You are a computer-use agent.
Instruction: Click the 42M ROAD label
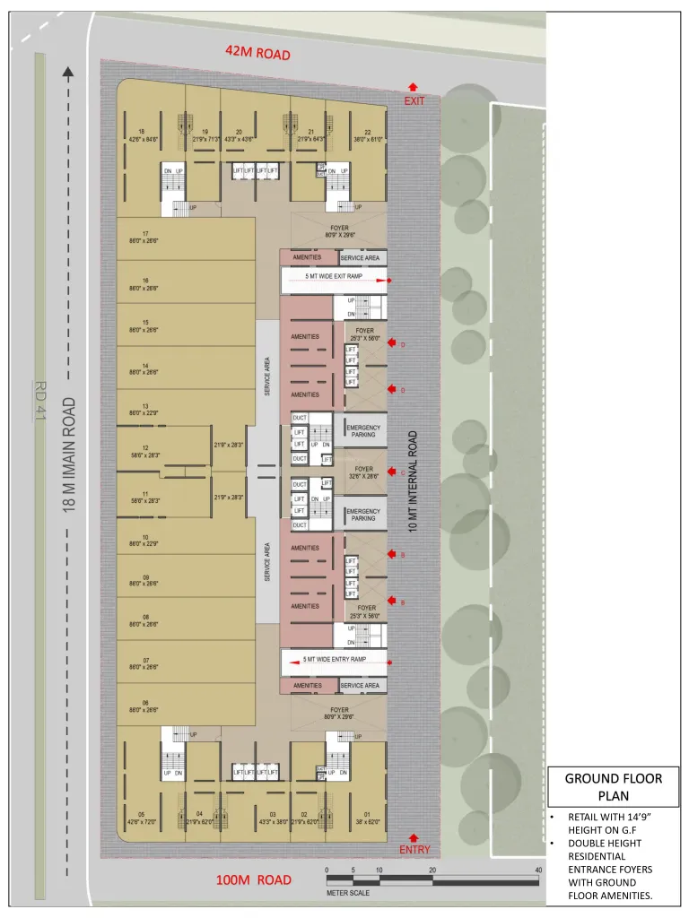coord(257,54)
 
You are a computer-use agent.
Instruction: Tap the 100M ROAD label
coord(254,879)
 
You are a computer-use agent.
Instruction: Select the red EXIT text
coord(414,101)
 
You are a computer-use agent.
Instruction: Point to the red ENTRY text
coord(414,849)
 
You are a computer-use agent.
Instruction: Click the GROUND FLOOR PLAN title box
coord(614,787)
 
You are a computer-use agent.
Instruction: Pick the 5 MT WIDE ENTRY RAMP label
coord(334,659)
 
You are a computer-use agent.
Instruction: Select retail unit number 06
coord(145,703)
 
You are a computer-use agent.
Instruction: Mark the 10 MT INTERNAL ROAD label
coord(414,481)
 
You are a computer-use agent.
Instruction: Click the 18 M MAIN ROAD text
coord(69,454)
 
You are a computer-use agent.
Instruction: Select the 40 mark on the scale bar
coord(538,870)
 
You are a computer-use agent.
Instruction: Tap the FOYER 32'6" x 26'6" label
coord(363,472)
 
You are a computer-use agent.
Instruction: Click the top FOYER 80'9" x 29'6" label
coord(339,231)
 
